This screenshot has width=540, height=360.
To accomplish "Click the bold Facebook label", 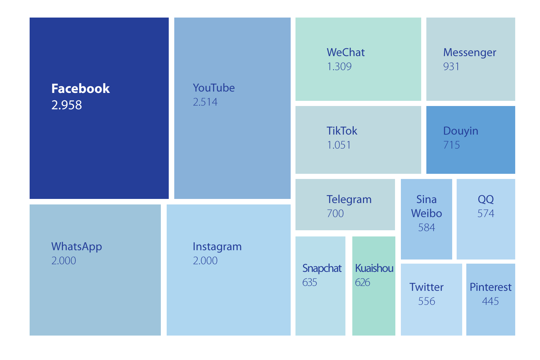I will click(x=80, y=89).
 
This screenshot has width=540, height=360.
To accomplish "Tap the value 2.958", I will click(x=66, y=105).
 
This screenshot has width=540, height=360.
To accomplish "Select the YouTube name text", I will click(x=214, y=88).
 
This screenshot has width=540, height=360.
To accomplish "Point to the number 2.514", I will click(x=205, y=102).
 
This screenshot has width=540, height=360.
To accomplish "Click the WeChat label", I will click(x=345, y=52).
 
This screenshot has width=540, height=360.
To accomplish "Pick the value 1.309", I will click(x=339, y=66).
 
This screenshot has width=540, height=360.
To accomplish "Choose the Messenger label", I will click(x=469, y=52).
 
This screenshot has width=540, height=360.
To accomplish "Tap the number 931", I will click(x=451, y=66).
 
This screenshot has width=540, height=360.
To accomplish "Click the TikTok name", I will click(x=342, y=131).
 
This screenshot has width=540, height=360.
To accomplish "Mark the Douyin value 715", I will click(x=451, y=145).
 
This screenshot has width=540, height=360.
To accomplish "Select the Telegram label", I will click(x=349, y=199).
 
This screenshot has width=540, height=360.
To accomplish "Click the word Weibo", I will click(x=426, y=213).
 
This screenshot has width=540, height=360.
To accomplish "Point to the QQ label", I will click(x=486, y=199).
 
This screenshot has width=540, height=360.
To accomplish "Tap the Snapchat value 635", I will click(x=309, y=283).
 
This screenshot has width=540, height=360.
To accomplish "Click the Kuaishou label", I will click(x=374, y=268).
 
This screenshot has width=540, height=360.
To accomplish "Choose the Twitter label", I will click(x=426, y=287).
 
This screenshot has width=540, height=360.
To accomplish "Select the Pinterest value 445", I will click(x=490, y=301).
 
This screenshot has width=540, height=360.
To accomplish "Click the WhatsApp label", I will click(x=76, y=246).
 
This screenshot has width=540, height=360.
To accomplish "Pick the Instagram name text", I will click(x=217, y=246).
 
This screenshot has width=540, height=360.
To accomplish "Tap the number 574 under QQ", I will click(x=486, y=214).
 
